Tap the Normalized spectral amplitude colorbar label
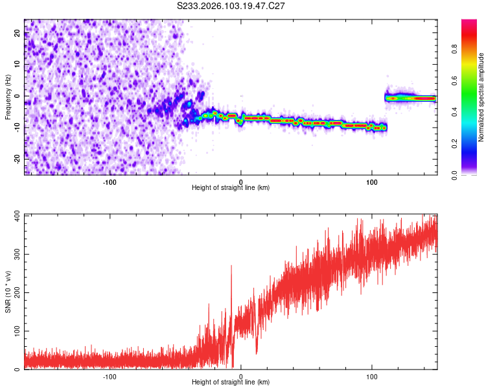coord(481,97)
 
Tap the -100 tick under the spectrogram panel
coord(109,182)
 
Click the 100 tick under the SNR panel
coord(372,377)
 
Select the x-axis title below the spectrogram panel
coord(231,188)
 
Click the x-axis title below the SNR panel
coord(231,383)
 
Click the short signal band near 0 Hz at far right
coord(410,98)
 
